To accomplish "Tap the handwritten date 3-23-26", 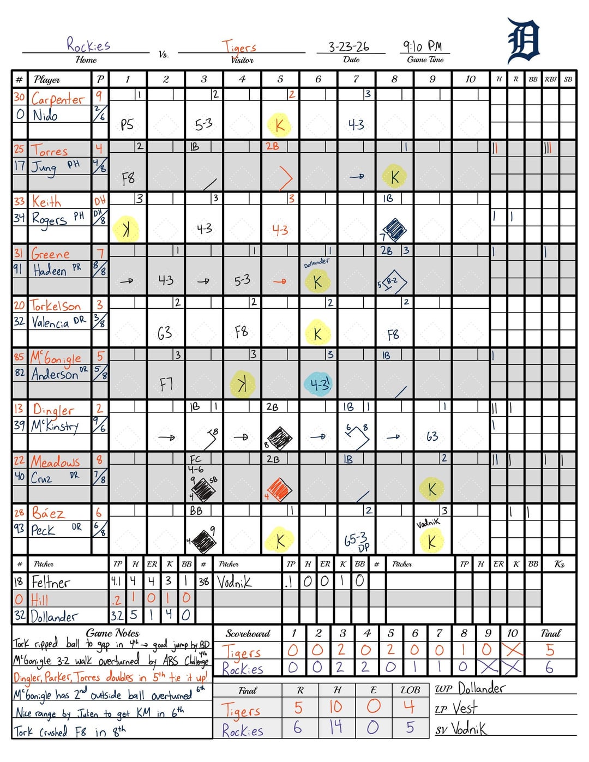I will point(348,46).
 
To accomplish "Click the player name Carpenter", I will point(58,99).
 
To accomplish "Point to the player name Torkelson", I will point(56,305).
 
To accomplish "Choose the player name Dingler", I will point(53,410).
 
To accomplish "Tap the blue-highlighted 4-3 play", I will point(319,383).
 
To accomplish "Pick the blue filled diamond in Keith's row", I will point(394,229).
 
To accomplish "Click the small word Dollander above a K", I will point(316,263).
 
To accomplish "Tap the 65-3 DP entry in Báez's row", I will point(357,541).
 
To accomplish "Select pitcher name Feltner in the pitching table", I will point(51,582).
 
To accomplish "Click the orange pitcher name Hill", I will point(39,599).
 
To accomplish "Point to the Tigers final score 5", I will point(550,650).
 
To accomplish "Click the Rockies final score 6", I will point(549,668).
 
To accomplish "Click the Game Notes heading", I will point(112,633).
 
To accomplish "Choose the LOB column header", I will point(410,690).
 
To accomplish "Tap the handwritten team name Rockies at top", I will point(88,44).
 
